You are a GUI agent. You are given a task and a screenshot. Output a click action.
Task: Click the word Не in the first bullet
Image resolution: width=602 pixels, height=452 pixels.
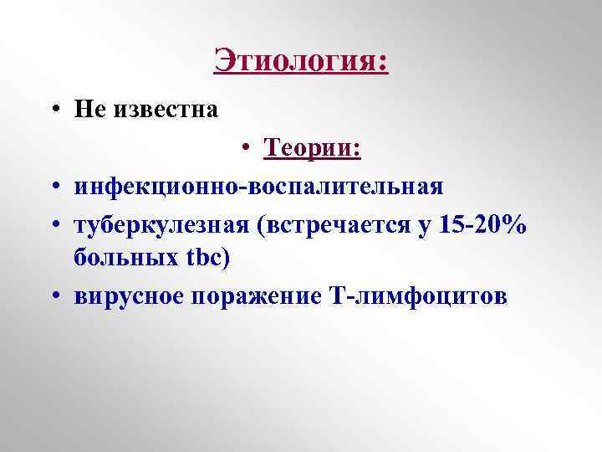pos(88,109)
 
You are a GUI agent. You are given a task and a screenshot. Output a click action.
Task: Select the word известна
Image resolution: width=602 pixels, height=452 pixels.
pos(165,109)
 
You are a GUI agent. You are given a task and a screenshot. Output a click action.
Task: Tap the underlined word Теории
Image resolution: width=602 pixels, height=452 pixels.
pos(309,148)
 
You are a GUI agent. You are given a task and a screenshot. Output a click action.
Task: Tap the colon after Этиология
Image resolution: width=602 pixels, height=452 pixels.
pos(384,62)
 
